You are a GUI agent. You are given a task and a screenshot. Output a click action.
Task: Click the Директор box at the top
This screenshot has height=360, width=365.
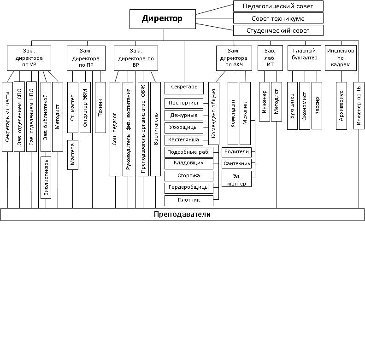pos(163,19)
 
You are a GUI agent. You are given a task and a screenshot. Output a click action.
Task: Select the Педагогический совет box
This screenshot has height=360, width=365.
pos(278,6)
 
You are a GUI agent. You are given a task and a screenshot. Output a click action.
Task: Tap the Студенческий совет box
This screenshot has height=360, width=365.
pos(278,30)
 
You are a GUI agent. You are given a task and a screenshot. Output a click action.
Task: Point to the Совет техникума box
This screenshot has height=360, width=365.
pos(278,18)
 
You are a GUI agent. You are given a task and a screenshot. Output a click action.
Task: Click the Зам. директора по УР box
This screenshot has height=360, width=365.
pos(29,58)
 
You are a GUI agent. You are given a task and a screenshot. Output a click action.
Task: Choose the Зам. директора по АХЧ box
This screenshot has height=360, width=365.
pos(234,58)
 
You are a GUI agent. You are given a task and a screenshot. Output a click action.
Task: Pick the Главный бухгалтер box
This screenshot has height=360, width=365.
pos(304,58)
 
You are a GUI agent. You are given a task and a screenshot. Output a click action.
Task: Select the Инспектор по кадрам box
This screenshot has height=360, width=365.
pos(341,58)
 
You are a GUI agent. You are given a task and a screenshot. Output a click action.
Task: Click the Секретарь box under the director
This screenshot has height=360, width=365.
pos(184,88)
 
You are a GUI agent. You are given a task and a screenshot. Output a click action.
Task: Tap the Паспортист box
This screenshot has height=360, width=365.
pos(184,103)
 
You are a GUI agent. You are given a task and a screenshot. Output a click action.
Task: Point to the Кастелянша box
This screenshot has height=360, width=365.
pos(184,140)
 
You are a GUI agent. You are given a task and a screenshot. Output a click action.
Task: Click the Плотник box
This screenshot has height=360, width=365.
pos(189,200)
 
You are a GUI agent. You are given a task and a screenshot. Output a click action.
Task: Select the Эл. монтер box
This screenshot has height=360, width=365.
pos(236,179)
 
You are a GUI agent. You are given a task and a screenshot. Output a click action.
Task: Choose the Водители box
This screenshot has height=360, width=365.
pos(236,152)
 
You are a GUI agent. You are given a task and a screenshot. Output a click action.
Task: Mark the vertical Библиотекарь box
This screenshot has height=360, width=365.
pos(46,178)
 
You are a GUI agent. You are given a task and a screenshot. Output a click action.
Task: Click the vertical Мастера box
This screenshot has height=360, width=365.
pos(73,155)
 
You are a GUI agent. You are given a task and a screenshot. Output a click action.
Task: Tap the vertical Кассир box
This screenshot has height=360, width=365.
pos(317,105)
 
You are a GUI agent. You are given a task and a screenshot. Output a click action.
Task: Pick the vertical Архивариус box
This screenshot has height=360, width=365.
pos(341,106)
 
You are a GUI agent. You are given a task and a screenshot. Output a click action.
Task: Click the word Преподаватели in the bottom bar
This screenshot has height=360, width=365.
pos(182,214)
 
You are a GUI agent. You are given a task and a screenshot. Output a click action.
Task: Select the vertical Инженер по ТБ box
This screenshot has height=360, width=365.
pos(359,105)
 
